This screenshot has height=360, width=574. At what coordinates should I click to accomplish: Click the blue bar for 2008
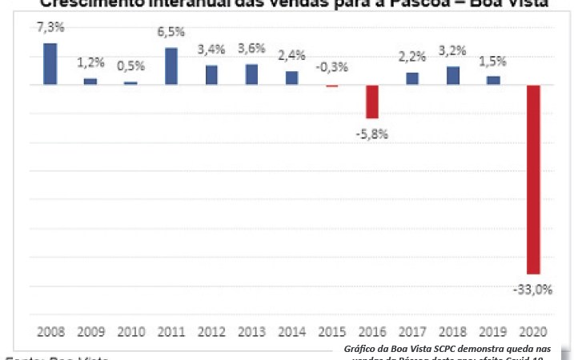point(50,63)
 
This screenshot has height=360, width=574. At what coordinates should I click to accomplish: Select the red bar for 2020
point(532,179)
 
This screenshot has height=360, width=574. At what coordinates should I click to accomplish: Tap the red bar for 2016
point(372,101)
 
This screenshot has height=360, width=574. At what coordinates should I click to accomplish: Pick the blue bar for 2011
point(171,66)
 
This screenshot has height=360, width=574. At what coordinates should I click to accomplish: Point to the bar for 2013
point(251,74)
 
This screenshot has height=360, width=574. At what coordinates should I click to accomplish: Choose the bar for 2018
point(452,75)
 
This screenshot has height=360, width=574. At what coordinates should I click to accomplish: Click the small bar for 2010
point(130,82)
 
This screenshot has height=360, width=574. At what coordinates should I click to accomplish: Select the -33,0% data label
point(533,290)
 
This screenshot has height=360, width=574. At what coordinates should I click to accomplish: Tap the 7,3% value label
point(50,28)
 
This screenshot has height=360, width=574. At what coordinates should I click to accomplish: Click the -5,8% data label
point(372,133)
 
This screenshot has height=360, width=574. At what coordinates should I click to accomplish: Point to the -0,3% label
point(331,67)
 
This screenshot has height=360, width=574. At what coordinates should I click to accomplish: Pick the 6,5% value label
point(171,34)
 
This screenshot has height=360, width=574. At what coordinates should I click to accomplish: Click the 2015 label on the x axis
point(331,330)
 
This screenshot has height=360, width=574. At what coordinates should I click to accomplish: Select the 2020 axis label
point(532,330)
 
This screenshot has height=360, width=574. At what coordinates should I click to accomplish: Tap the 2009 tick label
point(90,330)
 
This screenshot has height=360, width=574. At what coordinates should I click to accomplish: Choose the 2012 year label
point(211,330)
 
